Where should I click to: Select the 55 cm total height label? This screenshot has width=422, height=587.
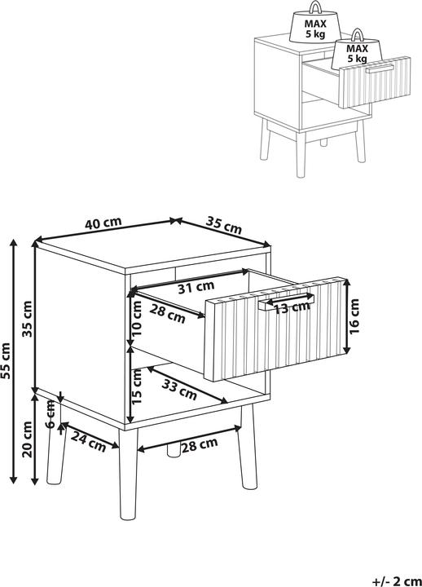(x=7, y=361)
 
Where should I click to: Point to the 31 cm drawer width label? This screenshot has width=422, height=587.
(x=196, y=286)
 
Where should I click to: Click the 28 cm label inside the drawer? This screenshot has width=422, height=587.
(x=167, y=313)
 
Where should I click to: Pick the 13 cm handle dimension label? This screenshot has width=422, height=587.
(x=292, y=307)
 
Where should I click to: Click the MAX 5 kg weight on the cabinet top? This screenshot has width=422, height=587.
(x=310, y=30)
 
